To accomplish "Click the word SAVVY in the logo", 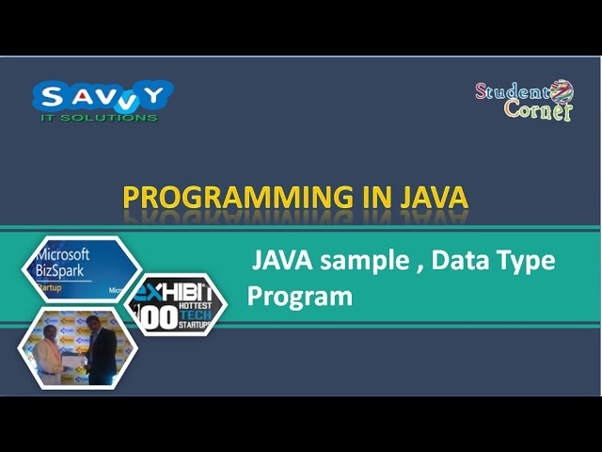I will pyautogui.click(x=103, y=95).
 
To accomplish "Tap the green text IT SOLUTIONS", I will pyautogui.click(x=99, y=117).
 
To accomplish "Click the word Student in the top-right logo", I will pyautogui.click(x=513, y=92).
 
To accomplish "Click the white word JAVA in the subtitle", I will pyautogui.click(x=279, y=260).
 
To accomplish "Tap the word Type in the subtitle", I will pyautogui.click(x=528, y=261).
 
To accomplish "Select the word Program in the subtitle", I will pyautogui.click(x=300, y=296).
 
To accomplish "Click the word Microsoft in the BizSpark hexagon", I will pyautogui.click(x=62, y=254).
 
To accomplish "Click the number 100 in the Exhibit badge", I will pyautogui.click(x=159, y=316).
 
